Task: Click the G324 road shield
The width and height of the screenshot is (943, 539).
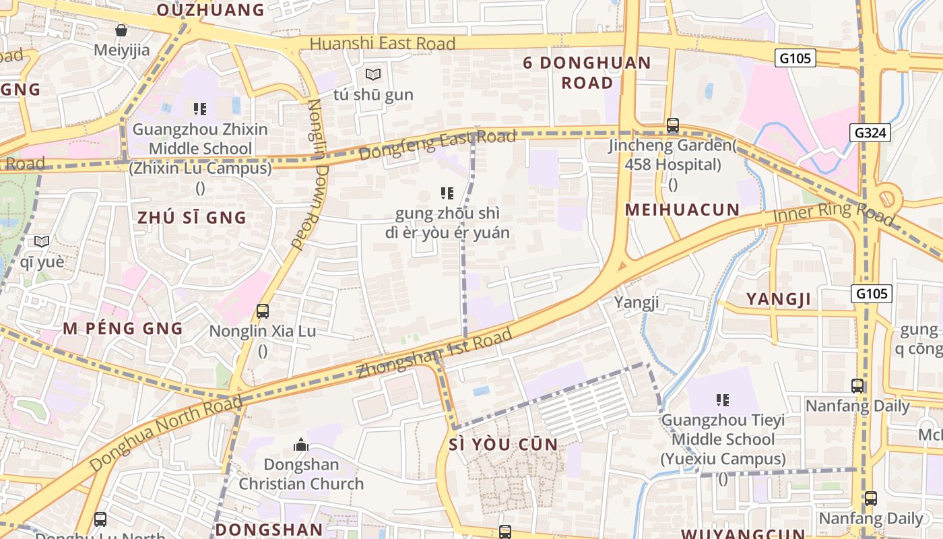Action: (x=870, y=133)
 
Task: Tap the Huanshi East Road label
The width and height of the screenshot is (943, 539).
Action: (x=382, y=44)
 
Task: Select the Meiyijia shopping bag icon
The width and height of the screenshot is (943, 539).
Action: (x=121, y=30)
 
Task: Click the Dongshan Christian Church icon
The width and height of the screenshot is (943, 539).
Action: (x=301, y=445)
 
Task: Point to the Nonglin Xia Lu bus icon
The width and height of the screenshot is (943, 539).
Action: (x=263, y=311)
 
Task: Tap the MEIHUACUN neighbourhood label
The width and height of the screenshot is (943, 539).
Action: (x=682, y=210)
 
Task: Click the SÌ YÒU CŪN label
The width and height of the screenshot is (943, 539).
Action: (x=503, y=444)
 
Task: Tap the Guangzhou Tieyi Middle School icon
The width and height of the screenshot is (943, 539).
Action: (x=723, y=400)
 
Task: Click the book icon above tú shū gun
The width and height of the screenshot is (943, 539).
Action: (x=373, y=74)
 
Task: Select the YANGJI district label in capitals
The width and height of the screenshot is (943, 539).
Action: (x=778, y=299)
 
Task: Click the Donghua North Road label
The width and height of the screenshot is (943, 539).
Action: (x=165, y=435)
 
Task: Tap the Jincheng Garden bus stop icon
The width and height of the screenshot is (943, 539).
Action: (x=672, y=125)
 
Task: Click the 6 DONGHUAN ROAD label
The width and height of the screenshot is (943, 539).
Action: (x=587, y=73)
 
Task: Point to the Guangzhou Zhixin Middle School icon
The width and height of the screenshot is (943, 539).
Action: (x=199, y=108)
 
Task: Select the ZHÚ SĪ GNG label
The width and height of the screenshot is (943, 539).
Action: (x=192, y=218)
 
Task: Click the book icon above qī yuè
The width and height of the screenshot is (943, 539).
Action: (x=42, y=241)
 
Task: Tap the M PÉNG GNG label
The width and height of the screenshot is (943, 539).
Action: (x=123, y=329)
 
